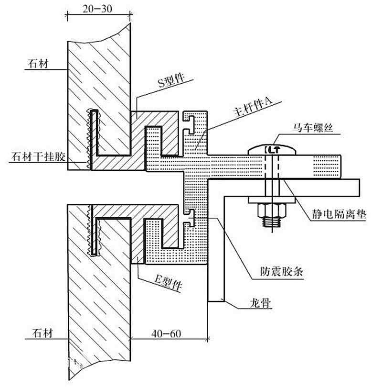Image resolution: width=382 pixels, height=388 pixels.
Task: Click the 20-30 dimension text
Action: point(97,9)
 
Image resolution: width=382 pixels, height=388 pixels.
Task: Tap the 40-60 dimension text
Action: point(166,333)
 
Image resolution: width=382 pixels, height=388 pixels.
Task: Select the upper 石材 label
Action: point(38,64)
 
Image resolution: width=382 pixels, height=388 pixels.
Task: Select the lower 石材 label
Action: point(42,333)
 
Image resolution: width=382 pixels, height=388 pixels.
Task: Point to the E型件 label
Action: point(169,282)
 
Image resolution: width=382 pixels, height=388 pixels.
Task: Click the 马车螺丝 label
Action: point(313,127)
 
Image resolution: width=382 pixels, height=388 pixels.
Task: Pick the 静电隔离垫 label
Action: point(339,214)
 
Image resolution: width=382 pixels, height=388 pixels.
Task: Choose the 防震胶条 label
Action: point(282,271)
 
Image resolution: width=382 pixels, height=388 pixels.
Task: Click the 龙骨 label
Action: point(260,303)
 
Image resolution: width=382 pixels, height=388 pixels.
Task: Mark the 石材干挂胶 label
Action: point(38,156)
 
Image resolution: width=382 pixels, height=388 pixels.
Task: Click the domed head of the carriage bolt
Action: point(272,149)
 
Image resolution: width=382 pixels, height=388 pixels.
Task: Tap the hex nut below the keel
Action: point(272,211)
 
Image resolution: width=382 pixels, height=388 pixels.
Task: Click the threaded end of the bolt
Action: point(272,222)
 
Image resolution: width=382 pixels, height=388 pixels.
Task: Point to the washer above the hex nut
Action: point(272,200)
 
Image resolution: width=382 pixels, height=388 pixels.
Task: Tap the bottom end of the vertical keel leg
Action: point(216,301)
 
